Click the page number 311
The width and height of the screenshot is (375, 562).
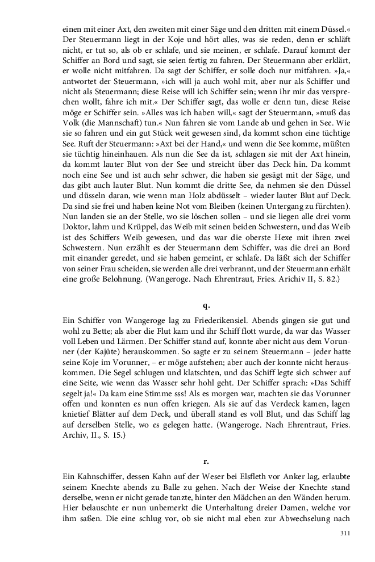[344, 533]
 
